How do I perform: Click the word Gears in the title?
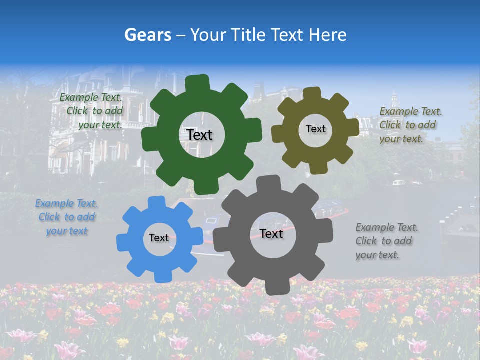tap(148, 35)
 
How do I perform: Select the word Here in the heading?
tap(327, 35)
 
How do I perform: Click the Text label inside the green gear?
tap(199, 135)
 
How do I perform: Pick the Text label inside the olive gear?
tap(315, 129)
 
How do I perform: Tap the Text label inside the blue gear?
tap(159, 238)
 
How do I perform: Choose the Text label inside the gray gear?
tap(271, 233)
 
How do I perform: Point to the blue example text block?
tap(66, 217)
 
